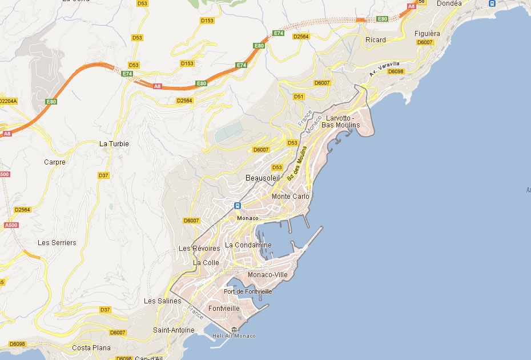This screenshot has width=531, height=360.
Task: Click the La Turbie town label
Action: click(x=114, y=144)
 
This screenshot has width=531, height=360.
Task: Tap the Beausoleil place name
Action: click(x=263, y=178)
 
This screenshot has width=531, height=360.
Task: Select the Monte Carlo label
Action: click(x=291, y=197)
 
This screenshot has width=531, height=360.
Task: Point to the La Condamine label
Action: click(x=248, y=245)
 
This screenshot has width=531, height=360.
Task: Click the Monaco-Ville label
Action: click(x=268, y=275)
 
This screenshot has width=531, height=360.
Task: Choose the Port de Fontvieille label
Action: click(x=248, y=291)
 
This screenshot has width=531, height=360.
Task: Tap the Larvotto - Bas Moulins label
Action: click(x=341, y=122)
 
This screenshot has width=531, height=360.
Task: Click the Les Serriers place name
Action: click(x=57, y=243)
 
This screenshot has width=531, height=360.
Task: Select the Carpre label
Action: click(x=55, y=162)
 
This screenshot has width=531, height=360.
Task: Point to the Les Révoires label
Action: click(x=199, y=249)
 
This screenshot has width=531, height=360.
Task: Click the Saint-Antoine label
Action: click(x=174, y=330)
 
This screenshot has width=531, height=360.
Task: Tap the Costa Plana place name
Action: click(x=91, y=347)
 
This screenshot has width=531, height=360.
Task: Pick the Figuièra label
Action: click(x=427, y=34)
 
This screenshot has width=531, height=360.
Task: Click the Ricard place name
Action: click(x=376, y=40)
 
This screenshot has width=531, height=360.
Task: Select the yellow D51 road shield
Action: click(x=299, y=97)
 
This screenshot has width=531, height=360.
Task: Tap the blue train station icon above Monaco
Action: click(x=237, y=206)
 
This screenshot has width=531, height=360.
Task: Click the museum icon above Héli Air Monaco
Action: click(x=234, y=329)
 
